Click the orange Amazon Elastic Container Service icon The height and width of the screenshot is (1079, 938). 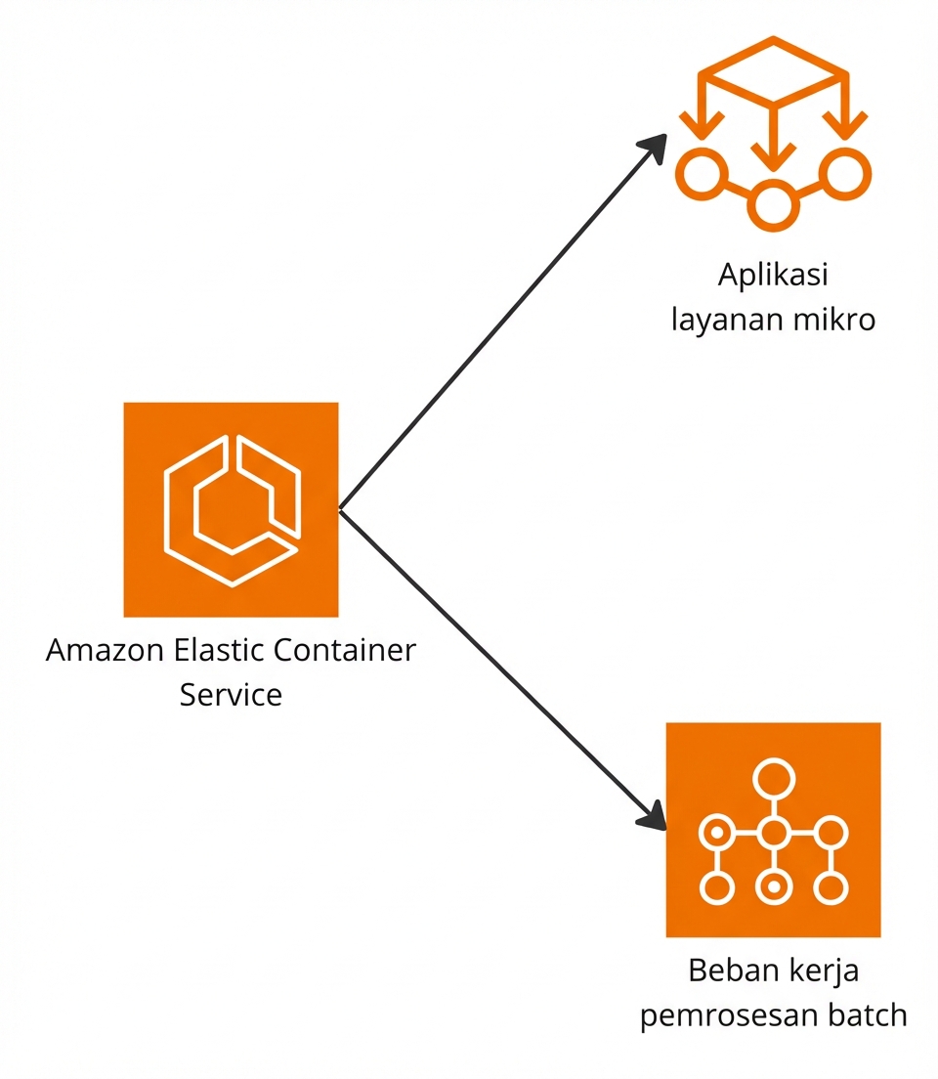[x=231, y=509]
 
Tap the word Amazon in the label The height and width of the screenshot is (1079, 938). [x=103, y=651]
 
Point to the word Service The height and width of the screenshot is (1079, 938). [x=231, y=695]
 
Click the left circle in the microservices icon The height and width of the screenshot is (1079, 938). [x=702, y=175]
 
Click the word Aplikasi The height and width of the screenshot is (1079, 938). [x=773, y=276]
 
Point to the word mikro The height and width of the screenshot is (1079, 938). [x=832, y=320]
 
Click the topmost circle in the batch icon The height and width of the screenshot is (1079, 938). [x=773, y=780]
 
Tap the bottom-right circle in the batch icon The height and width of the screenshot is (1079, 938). [x=830, y=888]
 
